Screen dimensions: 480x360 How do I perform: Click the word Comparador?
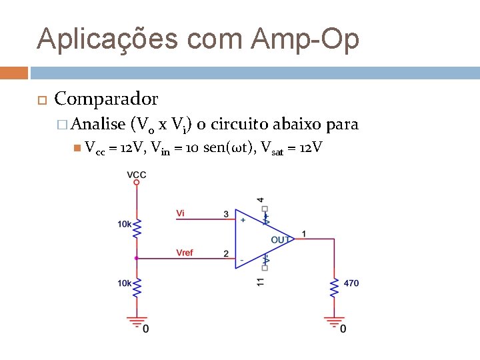point(106,99)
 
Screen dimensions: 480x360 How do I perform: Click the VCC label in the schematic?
point(137,175)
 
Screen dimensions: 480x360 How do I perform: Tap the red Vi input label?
point(181,213)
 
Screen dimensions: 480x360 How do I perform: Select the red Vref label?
point(185,253)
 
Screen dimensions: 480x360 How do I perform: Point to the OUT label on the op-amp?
point(280,239)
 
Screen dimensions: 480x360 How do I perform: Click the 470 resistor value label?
point(351,283)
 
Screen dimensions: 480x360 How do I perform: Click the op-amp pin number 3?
point(226,214)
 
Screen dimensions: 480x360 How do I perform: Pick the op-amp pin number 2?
point(226,254)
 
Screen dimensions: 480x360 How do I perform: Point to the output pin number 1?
point(304,234)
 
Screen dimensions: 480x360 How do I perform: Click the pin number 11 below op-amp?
point(260,281)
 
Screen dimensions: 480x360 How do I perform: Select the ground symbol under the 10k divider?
point(137,321)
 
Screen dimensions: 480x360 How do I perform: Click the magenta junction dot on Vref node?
point(137,257)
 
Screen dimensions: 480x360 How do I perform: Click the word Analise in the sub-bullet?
point(99,124)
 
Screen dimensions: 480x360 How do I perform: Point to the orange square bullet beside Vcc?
point(77,147)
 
